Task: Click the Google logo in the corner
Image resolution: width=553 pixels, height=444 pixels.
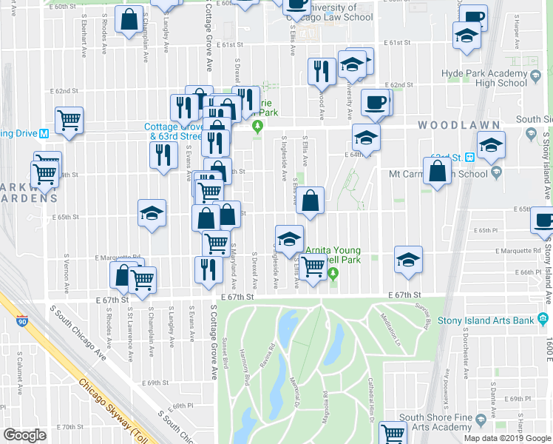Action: (24, 435)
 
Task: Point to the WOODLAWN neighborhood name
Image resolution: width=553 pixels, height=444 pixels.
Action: (447, 125)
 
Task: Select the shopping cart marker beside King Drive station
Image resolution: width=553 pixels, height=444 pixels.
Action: (69, 118)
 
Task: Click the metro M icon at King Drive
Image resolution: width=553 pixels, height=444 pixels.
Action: (44, 134)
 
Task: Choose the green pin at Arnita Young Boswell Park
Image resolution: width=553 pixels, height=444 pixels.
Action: (333, 274)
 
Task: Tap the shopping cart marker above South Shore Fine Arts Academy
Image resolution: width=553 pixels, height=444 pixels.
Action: (393, 434)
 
